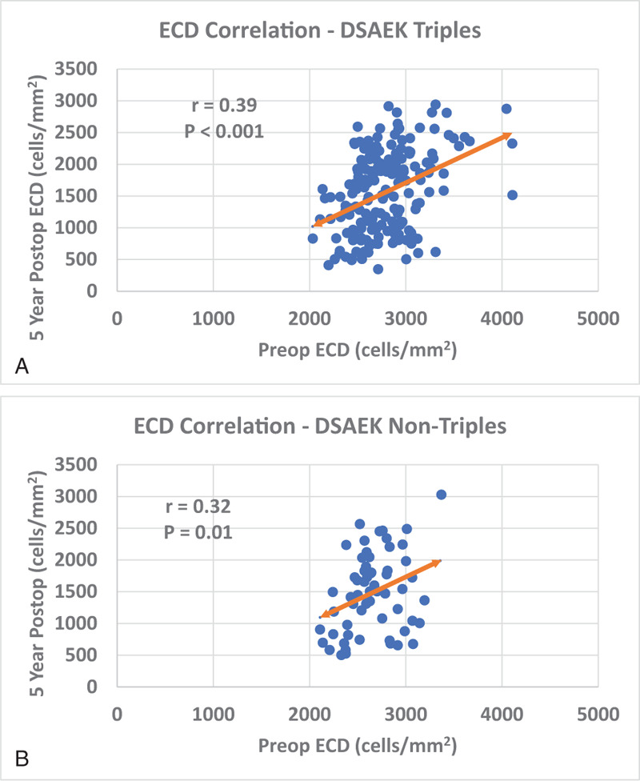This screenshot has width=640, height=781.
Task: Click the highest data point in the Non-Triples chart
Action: (x=441, y=495)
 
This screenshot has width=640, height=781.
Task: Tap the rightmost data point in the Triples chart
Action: (x=513, y=195)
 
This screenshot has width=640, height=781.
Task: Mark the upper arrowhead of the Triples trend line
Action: (x=509, y=136)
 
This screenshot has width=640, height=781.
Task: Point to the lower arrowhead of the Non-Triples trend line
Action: (x=322, y=615)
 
